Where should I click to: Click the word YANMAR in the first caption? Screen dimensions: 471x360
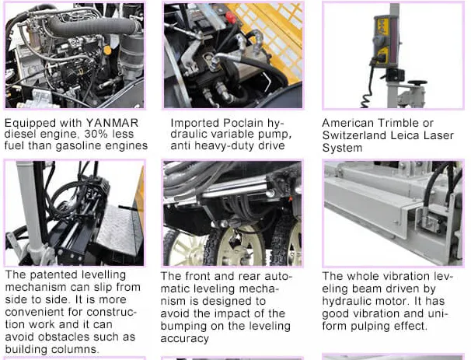(112, 123)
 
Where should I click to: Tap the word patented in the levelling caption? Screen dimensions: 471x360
(55, 274)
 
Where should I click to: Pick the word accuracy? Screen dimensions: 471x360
(185, 339)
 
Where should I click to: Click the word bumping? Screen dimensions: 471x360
(184, 326)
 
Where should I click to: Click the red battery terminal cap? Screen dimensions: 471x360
(230, 17)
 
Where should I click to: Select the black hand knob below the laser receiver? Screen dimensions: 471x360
(417, 82)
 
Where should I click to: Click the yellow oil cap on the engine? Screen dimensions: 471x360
(106, 50)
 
